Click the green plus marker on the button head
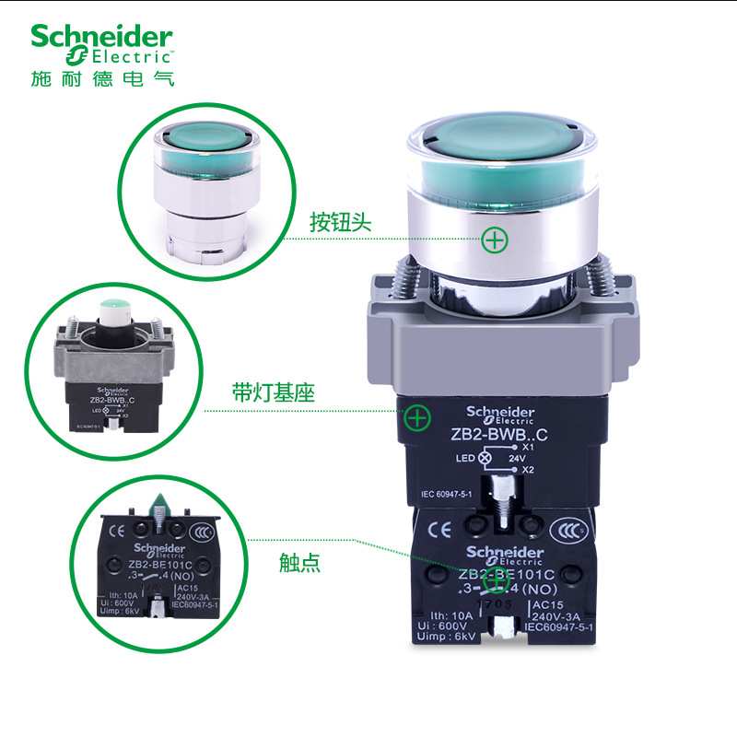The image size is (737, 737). point(496,240)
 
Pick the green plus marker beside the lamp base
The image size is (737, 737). point(418,417)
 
